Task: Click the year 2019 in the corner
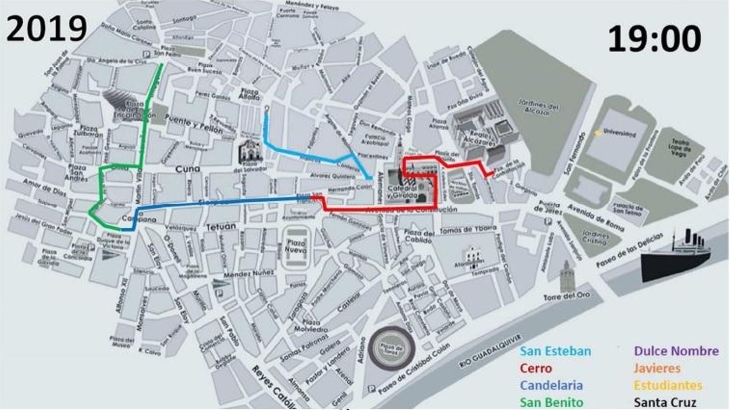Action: pos(47,28)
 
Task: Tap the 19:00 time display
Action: pos(654,38)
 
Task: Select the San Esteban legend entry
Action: pos(555,351)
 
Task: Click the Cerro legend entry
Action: pos(536,368)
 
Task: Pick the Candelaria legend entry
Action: pos(551,385)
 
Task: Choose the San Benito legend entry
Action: pos(551,402)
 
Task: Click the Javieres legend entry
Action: pos(657,368)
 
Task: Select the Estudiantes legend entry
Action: pos(667,385)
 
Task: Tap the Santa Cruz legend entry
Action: pos(665,402)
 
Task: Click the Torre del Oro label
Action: pos(566,296)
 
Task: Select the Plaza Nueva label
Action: pos(296,246)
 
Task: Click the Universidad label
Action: pos(619,133)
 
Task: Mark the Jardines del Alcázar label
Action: pos(538,107)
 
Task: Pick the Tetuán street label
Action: pos(221,226)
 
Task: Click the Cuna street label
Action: pos(188,169)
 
